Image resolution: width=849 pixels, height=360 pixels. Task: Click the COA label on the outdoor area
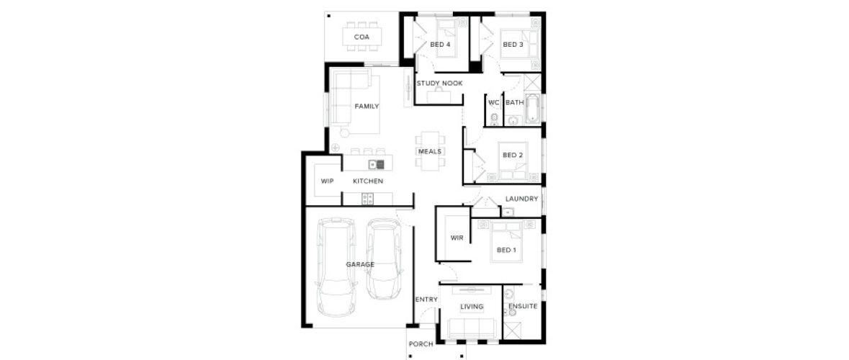361,37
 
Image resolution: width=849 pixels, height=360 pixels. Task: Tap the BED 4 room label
440,45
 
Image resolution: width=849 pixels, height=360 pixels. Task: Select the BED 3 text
513,45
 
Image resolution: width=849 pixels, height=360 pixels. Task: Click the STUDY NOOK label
439,84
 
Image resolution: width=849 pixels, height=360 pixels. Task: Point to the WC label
493,102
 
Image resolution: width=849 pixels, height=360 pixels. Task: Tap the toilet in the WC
494,119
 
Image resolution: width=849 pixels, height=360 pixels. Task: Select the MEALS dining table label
430,152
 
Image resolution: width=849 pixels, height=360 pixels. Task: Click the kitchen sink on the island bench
377,164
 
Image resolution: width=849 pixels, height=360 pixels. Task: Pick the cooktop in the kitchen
368,199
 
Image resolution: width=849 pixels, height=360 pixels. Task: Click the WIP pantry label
327,181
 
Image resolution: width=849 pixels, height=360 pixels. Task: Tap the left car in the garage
336,267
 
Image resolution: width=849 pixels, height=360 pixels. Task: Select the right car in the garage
384,258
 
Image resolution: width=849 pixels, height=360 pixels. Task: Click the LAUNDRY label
521,199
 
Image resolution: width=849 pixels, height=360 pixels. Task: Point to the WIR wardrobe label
457,238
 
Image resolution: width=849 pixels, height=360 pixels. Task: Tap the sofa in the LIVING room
472,328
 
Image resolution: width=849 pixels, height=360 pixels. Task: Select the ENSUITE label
523,307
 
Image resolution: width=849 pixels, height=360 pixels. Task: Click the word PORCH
421,344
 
